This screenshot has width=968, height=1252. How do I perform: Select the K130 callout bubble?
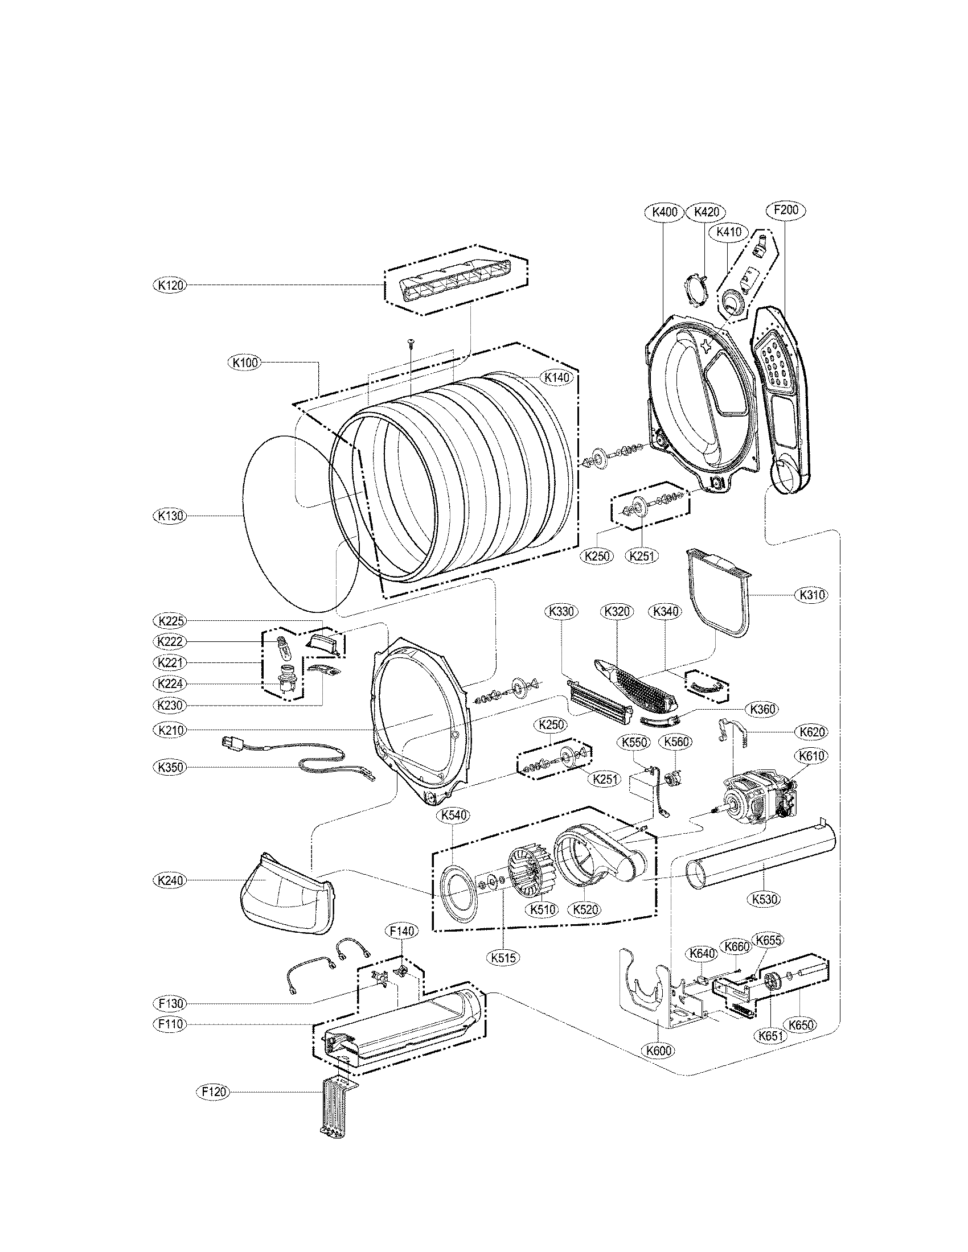click(170, 516)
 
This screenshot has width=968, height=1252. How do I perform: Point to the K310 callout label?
click(813, 595)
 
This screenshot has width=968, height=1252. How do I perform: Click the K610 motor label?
click(810, 756)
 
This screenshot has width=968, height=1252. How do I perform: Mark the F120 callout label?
click(213, 1092)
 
